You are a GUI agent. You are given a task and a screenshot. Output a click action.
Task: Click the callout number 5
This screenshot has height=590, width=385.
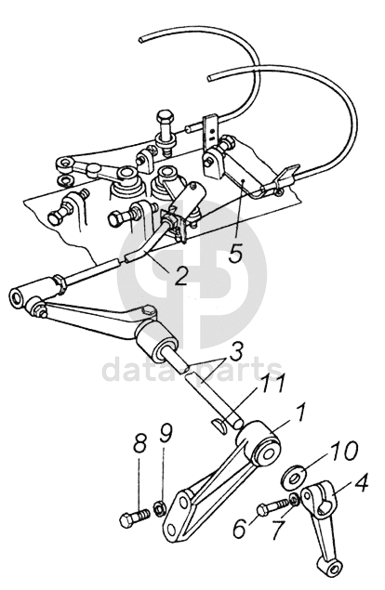click(x=236, y=250)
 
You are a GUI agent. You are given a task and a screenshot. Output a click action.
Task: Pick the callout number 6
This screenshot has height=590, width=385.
click(x=240, y=528)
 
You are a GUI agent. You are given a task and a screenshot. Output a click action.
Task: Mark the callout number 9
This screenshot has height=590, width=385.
click(x=165, y=434)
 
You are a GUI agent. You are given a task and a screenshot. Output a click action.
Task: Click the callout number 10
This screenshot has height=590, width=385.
click(x=342, y=452)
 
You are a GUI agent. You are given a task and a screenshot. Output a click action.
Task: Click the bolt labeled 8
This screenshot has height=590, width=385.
click(x=135, y=518)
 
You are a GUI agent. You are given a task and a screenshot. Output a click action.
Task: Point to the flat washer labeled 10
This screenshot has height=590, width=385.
click(x=295, y=478)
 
